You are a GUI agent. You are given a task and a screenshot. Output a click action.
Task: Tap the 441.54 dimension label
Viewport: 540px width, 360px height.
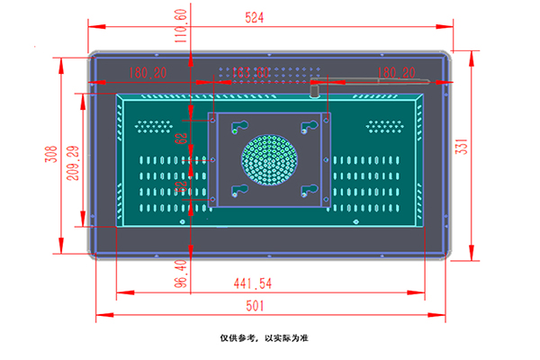point(253,283)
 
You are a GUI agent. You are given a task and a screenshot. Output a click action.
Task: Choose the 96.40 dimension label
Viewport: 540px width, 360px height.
point(180,274)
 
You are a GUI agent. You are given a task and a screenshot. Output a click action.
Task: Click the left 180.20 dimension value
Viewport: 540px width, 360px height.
point(147,72)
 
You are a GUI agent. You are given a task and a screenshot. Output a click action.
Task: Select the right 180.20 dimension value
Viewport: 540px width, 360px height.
point(396,72)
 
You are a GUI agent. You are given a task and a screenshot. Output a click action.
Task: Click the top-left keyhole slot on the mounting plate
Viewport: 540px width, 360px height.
point(238,126)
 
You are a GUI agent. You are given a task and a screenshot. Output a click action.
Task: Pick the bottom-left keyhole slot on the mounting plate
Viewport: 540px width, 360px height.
point(238,190)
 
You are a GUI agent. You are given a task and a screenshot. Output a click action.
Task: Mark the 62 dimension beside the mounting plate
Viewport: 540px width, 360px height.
point(181,139)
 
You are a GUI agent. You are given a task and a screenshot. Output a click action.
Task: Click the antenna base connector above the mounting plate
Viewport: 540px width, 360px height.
point(315,90)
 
